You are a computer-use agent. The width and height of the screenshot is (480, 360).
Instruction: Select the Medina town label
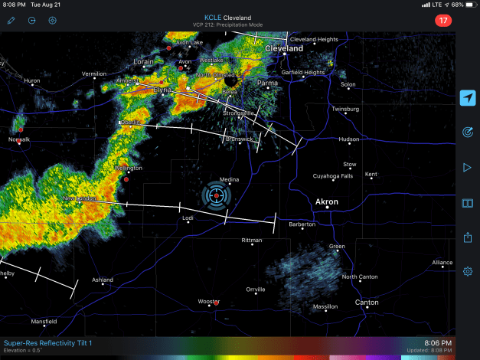(229, 180)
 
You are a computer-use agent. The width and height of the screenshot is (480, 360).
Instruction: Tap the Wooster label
(208, 301)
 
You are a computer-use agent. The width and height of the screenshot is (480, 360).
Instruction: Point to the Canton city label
(367, 303)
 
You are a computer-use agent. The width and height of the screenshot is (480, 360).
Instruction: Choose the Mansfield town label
(44, 321)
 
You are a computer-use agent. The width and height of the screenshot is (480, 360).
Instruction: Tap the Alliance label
(442, 263)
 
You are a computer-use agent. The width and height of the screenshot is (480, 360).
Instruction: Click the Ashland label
(103, 280)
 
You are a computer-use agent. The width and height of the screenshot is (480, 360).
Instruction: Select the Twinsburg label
(345, 109)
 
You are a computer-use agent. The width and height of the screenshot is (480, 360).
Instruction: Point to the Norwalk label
(19, 139)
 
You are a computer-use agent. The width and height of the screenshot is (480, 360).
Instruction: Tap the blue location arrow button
(467, 98)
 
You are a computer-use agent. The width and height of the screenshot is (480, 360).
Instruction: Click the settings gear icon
(467, 271)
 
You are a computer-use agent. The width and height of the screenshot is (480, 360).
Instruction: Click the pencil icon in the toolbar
(11, 21)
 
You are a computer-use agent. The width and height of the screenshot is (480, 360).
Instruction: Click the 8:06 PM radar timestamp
(437, 342)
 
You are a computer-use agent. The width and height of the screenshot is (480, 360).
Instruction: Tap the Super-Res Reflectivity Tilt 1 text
(47, 342)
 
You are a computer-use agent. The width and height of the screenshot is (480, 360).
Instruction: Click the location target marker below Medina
(217, 196)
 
